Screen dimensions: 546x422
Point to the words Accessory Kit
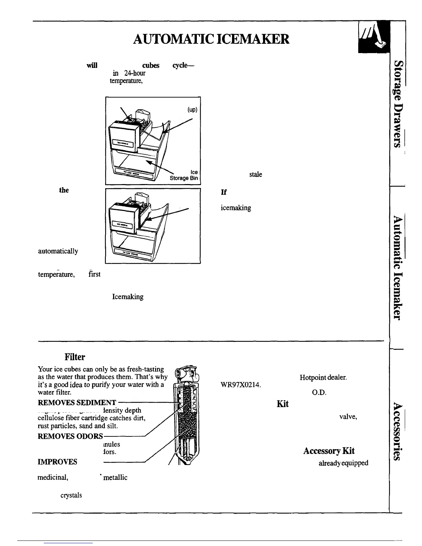(329, 451)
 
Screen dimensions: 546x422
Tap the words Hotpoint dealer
(323, 377)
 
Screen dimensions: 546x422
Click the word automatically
(58, 251)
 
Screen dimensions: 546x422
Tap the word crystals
(71, 495)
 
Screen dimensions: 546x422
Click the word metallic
(115, 477)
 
